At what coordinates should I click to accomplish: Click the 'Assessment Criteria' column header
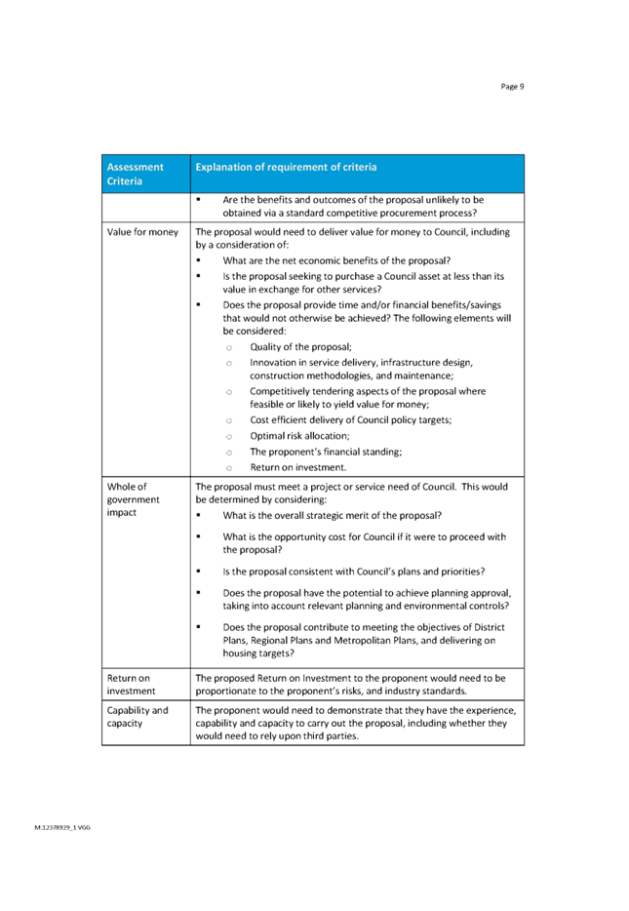pyautogui.click(x=135, y=174)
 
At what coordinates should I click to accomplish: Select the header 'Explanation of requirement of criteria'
pyautogui.click(x=286, y=167)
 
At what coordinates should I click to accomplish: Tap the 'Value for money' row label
pyautogui.click(x=142, y=232)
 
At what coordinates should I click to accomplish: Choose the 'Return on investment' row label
pyautogui.click(x=130, y=683)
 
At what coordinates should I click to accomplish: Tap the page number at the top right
pyautogui.click(x=513, y=87)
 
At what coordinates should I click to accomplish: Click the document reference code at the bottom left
pyautogui.click(x=62, y=827)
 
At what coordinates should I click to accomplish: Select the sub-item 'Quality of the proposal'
pyautogui.click(x=300, y=347)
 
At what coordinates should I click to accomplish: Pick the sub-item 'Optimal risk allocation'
pyautogui.click(x=299, y=436)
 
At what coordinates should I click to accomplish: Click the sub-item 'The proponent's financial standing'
pyautogui.click(x=326, y=452)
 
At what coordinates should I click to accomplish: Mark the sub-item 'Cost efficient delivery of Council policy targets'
pyautogui.click(x=350, y=420)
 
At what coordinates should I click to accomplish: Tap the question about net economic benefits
pyautogui.click(x=335, y=260)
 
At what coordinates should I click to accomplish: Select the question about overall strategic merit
pyautogui.click(x=332, y=515)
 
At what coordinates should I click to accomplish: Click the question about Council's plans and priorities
pyautogui.click(x=353, y=572)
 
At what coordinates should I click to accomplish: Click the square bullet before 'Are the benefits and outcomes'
pyautogui.click(x=198, y=199)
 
